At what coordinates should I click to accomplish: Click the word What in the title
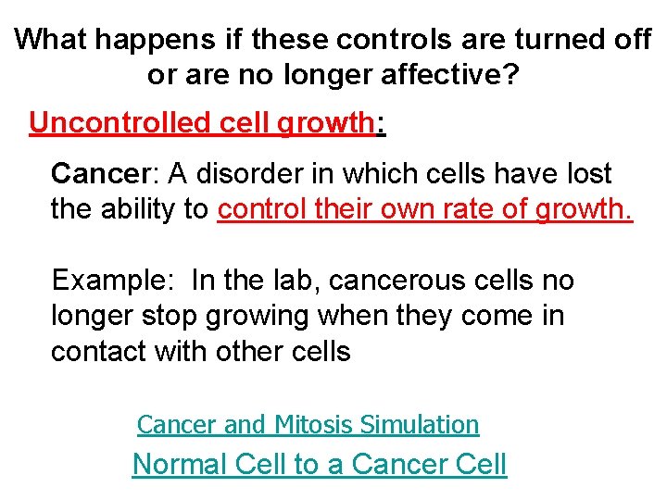[x=53, y=39]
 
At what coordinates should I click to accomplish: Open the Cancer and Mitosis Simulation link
[x=308, y=424]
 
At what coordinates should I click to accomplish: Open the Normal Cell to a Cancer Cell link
[x=320, y=463]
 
